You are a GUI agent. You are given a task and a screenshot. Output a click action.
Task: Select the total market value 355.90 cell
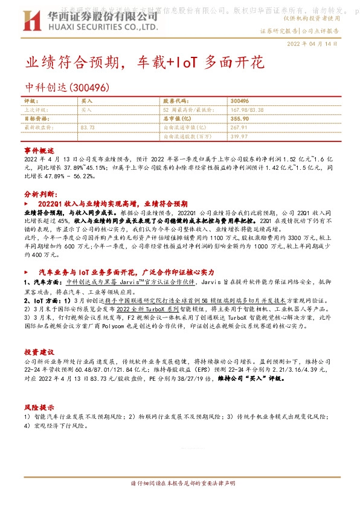240,119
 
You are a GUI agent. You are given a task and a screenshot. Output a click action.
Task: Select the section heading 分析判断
40,194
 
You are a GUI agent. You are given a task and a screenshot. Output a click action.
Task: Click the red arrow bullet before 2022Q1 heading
27,204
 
